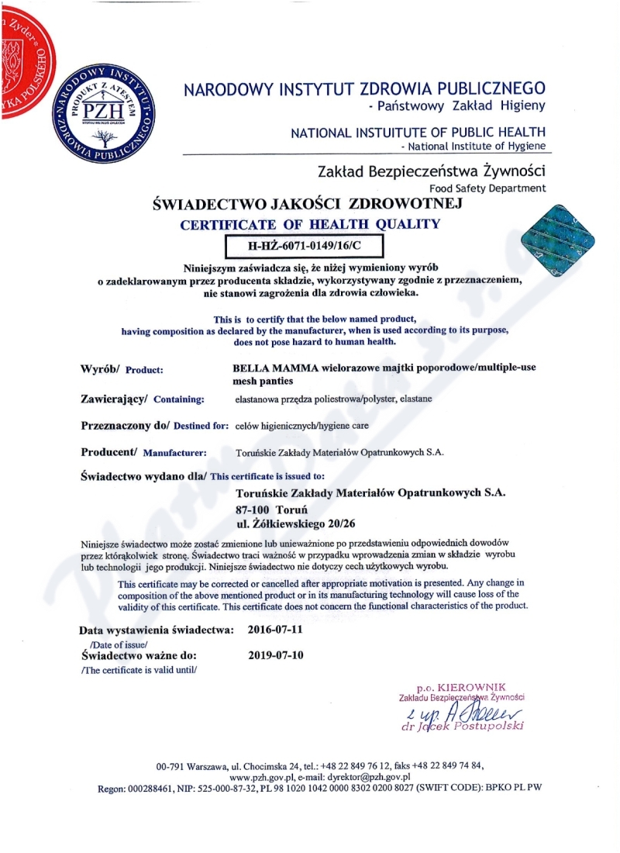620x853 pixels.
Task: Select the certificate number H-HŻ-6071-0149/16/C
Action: tap(304, 247)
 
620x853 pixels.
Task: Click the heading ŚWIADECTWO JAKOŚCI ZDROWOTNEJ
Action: tap(308, 205)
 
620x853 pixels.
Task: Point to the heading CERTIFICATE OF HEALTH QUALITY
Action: tap(310, 225)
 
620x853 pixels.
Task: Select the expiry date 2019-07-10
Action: tap(275, 654)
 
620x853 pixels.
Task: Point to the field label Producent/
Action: tap(109, 452)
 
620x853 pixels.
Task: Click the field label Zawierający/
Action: tap(114, 399)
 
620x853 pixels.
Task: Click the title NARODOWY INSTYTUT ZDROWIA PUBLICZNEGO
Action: tap(364, 89)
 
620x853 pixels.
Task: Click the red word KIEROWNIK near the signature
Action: tap(471, 687)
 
